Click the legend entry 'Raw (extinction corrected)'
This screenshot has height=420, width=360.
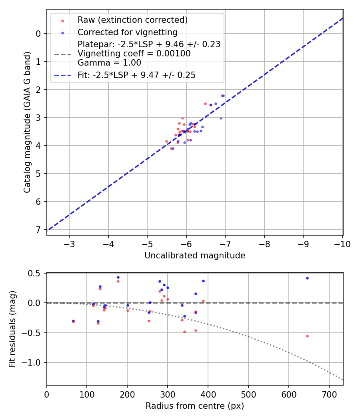pos(132,20)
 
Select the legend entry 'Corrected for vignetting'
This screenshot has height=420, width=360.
pos(127,32)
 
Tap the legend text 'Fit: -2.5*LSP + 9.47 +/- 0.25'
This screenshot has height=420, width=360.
pos(136,75)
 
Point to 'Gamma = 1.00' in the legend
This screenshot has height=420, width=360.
pos(109,63)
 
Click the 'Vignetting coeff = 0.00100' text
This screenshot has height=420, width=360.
pos(134,54)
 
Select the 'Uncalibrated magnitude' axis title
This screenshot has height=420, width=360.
pos(195,256)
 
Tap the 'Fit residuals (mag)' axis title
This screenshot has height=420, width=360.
pos(12,329)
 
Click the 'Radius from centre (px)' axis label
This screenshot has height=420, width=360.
pos(195,406)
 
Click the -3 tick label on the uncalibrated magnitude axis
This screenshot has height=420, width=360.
pos(69,244)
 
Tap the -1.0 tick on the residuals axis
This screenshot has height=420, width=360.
pos(33,362)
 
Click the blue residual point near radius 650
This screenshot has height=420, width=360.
pos(307,278)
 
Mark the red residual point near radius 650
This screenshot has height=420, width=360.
pos(307,336)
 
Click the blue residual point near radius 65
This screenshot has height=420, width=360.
pos(73,321)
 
